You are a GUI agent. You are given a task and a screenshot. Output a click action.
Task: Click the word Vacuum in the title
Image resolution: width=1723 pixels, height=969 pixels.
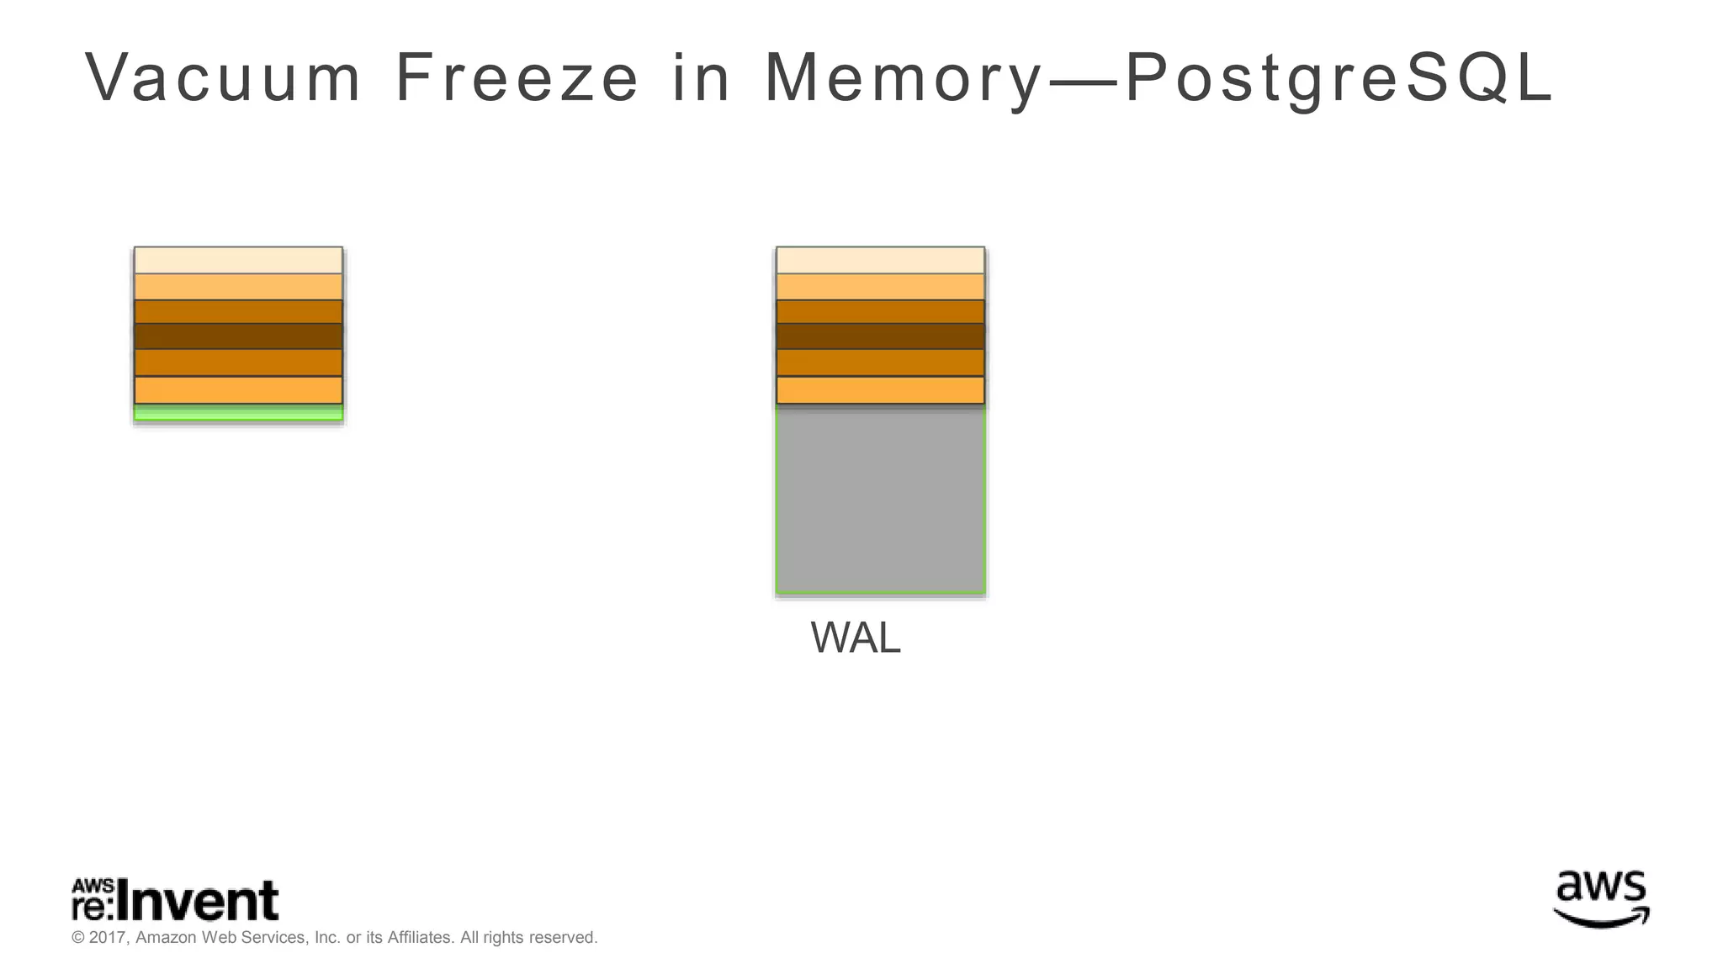[x=223, y=78]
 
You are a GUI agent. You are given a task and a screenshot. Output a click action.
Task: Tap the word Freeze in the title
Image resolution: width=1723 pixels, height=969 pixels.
[x=517, y=78]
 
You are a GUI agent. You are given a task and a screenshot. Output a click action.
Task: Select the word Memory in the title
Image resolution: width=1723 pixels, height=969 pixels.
[x=904, y=78]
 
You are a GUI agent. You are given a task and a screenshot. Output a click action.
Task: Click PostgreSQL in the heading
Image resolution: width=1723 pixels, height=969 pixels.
[x=1338, y=78]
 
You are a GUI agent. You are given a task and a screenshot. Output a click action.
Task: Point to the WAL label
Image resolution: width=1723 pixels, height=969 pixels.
[x=855, y=638]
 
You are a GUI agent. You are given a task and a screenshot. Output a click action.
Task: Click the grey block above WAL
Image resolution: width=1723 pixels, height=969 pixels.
[x=880, y=500]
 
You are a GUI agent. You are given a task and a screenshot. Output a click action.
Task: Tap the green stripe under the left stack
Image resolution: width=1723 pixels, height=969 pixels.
[x=238, y=413]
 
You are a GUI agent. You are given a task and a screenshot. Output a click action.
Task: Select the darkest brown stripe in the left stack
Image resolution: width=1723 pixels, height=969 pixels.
[x=238, y=336]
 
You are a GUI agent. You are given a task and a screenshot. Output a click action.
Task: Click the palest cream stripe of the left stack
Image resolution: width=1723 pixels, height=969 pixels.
[x=238, y=260]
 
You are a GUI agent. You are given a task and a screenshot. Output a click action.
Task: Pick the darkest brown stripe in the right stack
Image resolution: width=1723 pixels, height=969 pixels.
[x=880, y=336]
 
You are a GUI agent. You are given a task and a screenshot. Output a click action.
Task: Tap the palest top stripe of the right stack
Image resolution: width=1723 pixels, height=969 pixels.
[x=880, y=260]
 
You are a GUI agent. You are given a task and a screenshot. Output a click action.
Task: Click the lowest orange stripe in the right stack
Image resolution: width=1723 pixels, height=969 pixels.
[x=880, y=390]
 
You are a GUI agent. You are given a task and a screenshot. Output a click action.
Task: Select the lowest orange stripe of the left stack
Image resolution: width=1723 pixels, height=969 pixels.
[x=238, y=390]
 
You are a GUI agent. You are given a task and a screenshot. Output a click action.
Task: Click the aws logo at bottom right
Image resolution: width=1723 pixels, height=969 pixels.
[x=1601, y=899]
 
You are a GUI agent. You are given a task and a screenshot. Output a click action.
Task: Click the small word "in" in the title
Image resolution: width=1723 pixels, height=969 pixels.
[x=701, y=78]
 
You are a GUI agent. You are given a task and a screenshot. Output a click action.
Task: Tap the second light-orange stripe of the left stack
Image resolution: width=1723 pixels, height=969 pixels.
[x=238, y=287]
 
